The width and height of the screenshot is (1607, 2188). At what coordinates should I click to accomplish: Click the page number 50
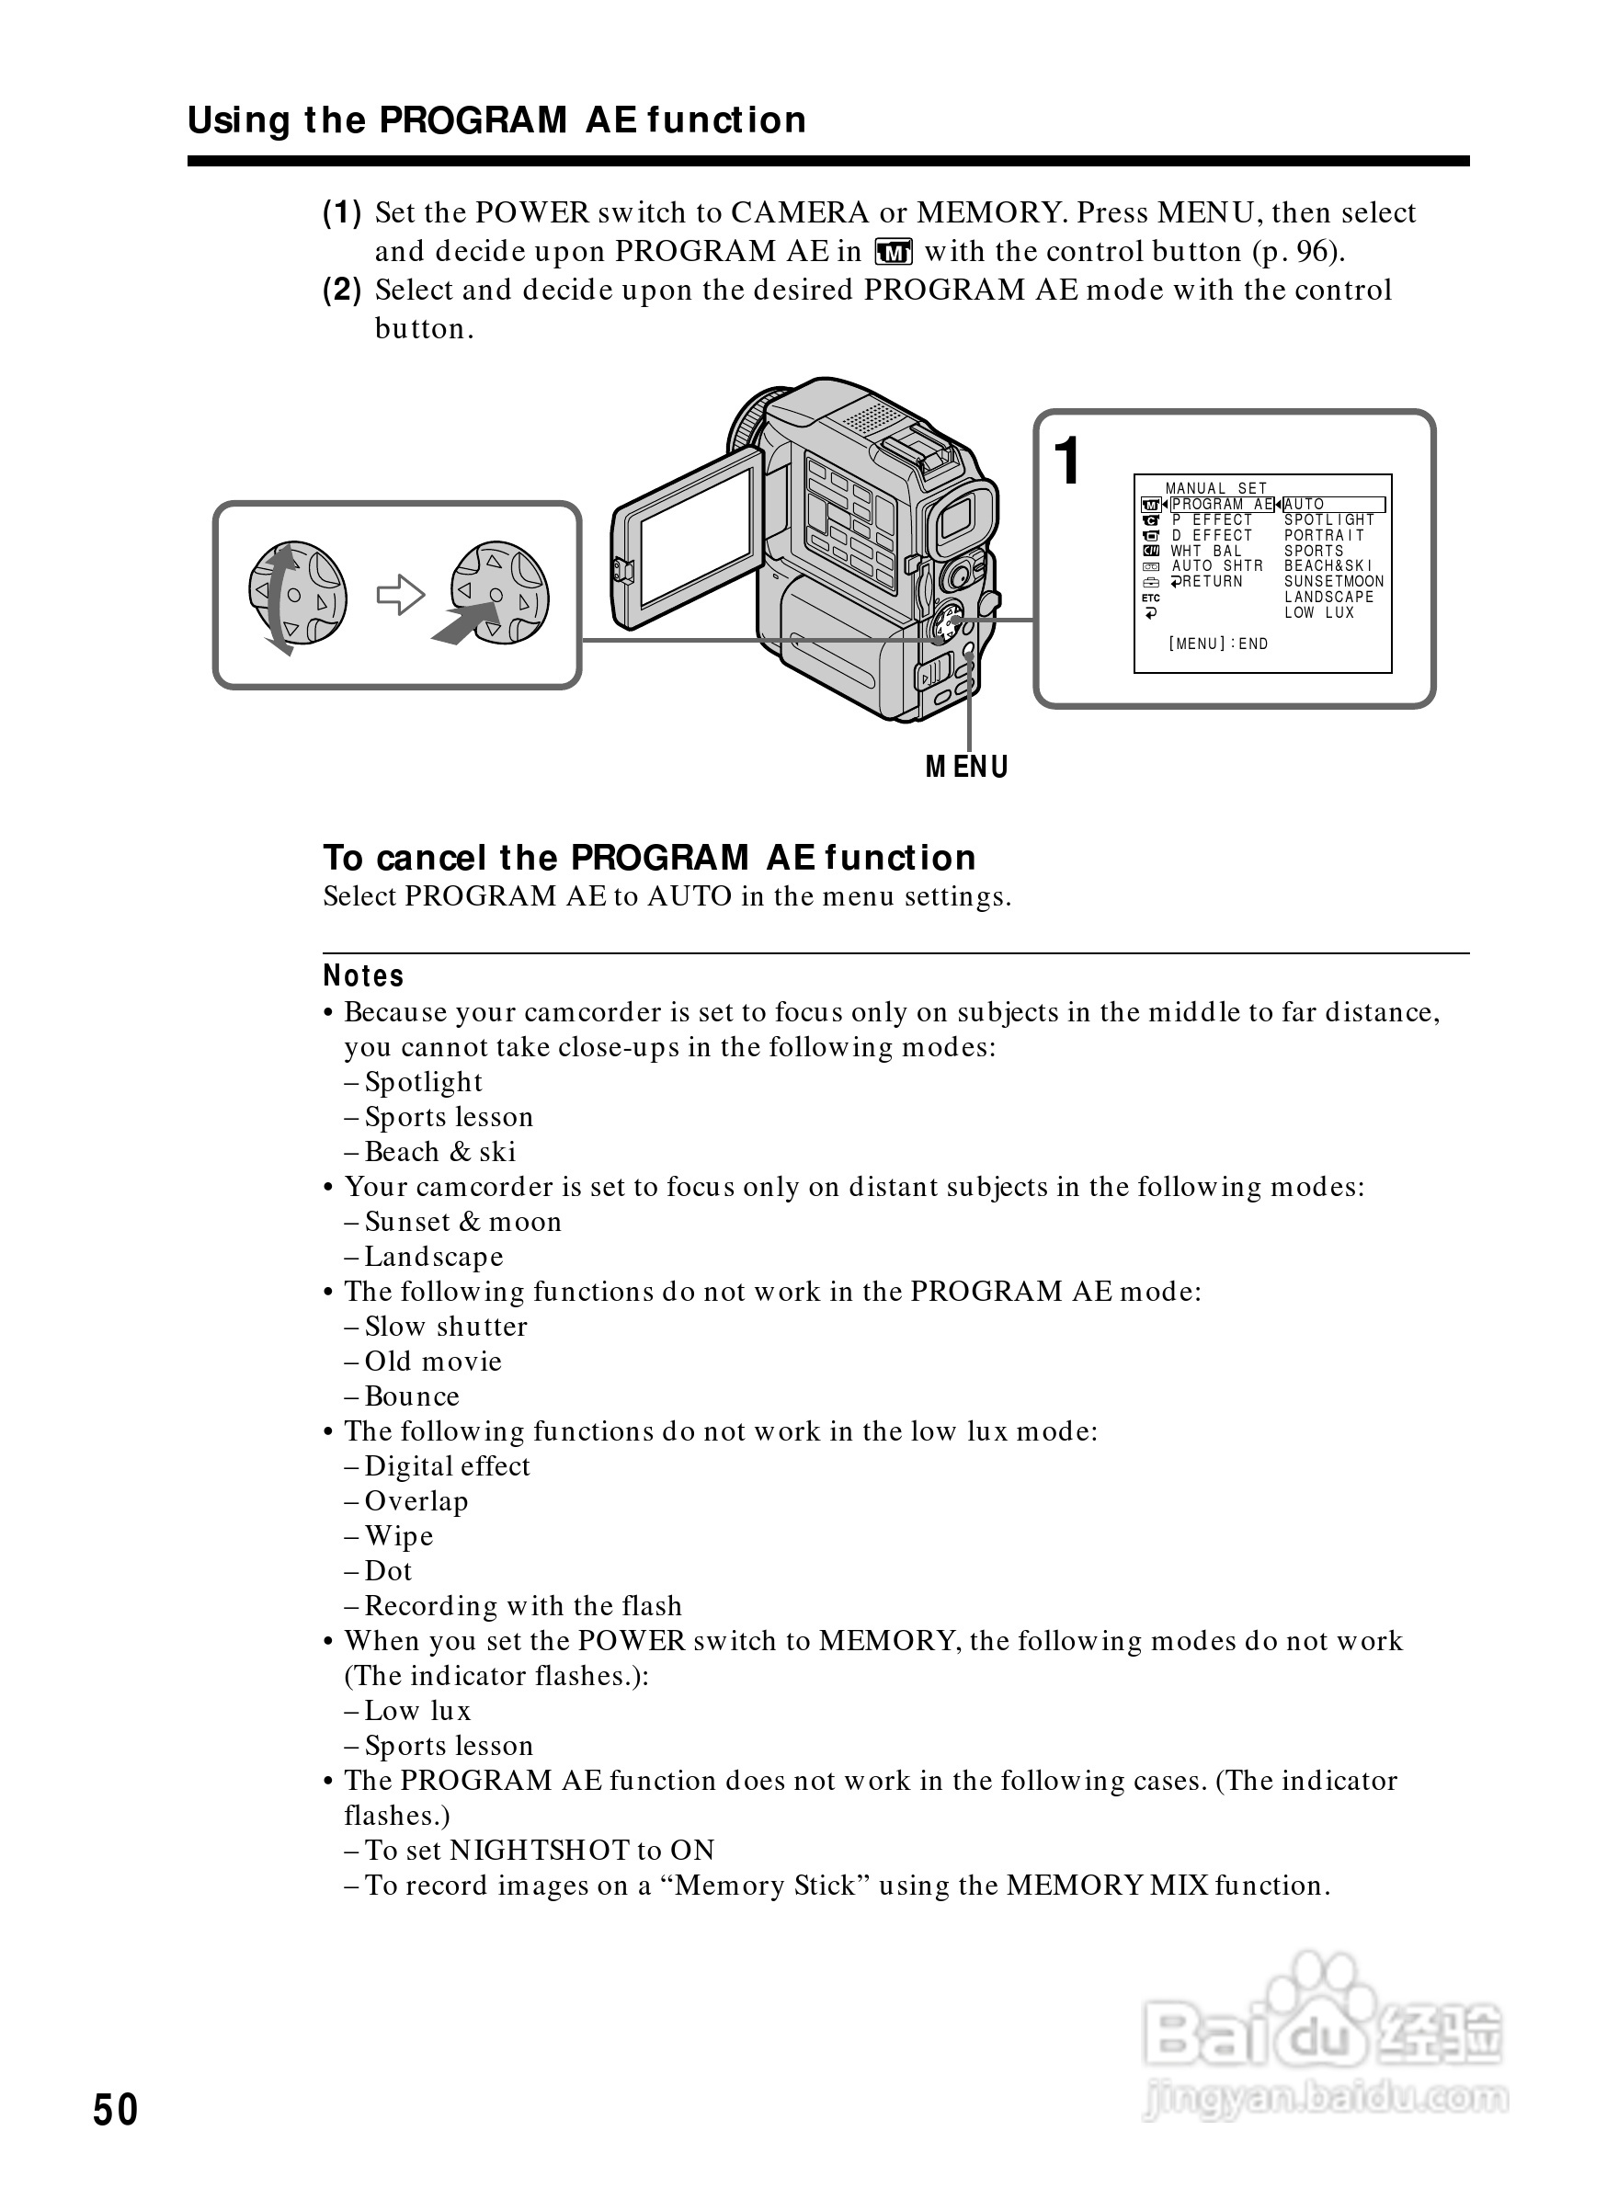point(116,2110)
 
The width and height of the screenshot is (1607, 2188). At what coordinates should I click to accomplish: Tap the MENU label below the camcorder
point(967,768)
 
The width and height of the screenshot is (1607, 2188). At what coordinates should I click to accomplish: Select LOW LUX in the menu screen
point(1319,613)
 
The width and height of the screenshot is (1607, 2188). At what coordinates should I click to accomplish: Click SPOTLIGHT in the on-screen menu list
point(1328,519)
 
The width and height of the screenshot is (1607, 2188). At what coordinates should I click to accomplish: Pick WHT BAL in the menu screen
point(1206,551)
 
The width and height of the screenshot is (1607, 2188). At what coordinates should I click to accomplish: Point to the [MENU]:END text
point(1218,644)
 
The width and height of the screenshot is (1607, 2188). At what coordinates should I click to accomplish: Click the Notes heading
point(363,975)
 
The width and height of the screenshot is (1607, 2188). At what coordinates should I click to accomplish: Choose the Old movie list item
point(433,1361)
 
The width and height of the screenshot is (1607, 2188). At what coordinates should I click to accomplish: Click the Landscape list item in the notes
point(434,1256)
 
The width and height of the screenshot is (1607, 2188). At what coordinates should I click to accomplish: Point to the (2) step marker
point(341,290)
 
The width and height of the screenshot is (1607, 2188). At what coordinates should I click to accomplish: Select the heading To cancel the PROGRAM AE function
point(649,857)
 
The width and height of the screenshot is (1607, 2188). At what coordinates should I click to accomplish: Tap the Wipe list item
point(399,1535)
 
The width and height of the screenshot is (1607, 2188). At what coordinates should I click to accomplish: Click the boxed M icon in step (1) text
point(893,253)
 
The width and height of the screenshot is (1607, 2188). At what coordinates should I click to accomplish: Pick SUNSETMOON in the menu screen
point(1334,582)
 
